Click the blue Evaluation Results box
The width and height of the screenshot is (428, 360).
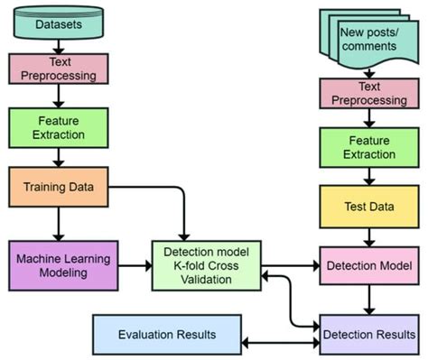pyautogui.click(x=167, y=335)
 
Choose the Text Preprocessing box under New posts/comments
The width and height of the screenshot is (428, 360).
pyautogui.click(x=368, y=94)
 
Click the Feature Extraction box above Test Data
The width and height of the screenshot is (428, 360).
pyautogui.click(x=368, y=148)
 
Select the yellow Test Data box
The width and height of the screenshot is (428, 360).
pyautogui.click(x=368, y=207)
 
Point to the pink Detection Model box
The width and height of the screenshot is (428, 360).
pyautogui.click(x=368, y=266)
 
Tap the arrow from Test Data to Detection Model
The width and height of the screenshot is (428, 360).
pyautogui.click(x=368, y=237)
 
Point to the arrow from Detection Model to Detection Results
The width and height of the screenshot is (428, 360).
pyautogui.click(x=368, y=300)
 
